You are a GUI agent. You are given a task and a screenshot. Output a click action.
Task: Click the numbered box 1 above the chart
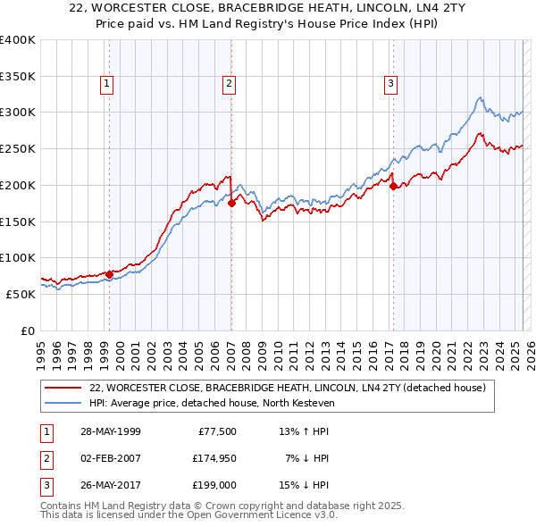pos(107,84)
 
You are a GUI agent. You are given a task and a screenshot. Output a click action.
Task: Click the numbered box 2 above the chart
pos(230,84)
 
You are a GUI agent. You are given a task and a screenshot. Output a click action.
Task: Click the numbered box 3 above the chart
pos(391,84)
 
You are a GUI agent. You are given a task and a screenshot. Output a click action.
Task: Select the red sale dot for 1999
pos(110,274)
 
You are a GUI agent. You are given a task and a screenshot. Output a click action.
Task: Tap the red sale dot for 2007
pos(231,203)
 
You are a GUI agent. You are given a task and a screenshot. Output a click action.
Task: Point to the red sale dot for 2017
pos(393,186)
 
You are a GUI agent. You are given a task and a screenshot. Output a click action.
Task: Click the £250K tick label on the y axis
pos(18,148)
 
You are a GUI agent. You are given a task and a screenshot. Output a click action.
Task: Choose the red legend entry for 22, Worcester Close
pos(287,389)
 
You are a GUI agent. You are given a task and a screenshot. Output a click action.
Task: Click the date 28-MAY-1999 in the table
pos(111,431)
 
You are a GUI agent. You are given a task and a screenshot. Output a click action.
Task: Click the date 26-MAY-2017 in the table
pos(111,487)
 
